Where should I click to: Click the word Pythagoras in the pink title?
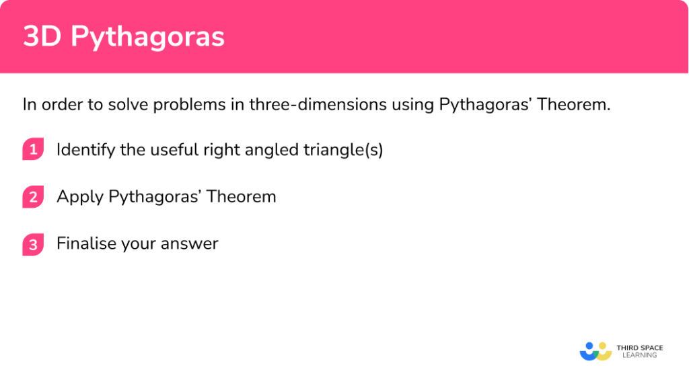click(147, 37)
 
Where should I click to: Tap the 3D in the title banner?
click(42, 36)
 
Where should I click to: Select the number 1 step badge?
click(33, 149)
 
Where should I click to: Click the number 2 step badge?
click(33, 197)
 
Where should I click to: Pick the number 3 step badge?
click(33, 244)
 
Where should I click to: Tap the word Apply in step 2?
click(80, 197)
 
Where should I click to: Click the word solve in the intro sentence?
click(128, 104)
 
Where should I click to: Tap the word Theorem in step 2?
click(242, 196)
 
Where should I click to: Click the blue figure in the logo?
click(589, 352)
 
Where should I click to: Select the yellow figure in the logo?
click(604, 352)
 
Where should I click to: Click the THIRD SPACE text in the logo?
click(640, 348)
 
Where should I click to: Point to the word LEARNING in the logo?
click(640, 355)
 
